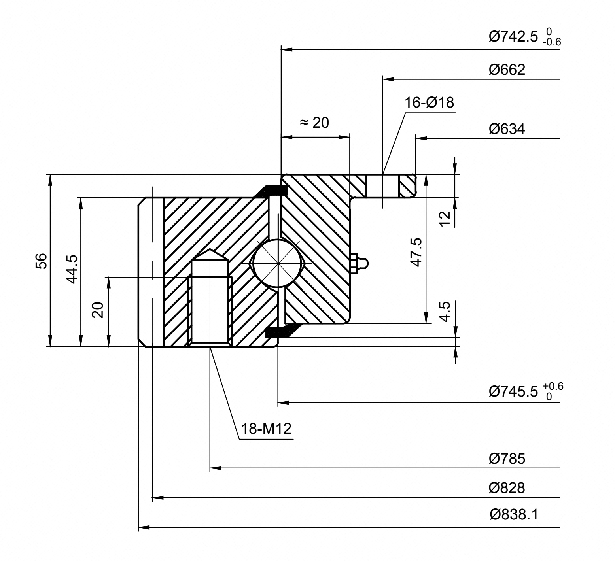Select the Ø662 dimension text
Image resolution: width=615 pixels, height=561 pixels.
click(x=507, y=70)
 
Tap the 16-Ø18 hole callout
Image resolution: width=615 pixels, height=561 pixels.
click(x=429, y=102)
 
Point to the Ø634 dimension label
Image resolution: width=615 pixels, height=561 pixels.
click(x=507, y=129)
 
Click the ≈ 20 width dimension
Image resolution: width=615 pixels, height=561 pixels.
click(x=314, y=123)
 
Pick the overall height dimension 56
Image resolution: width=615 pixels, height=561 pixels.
click(x=42, y=261)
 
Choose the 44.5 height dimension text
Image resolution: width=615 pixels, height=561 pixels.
click(x=72, y=269)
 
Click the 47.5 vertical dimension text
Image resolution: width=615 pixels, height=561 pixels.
click(x=416, y=252)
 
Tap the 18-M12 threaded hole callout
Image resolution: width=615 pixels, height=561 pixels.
click(x=267, y=428)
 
